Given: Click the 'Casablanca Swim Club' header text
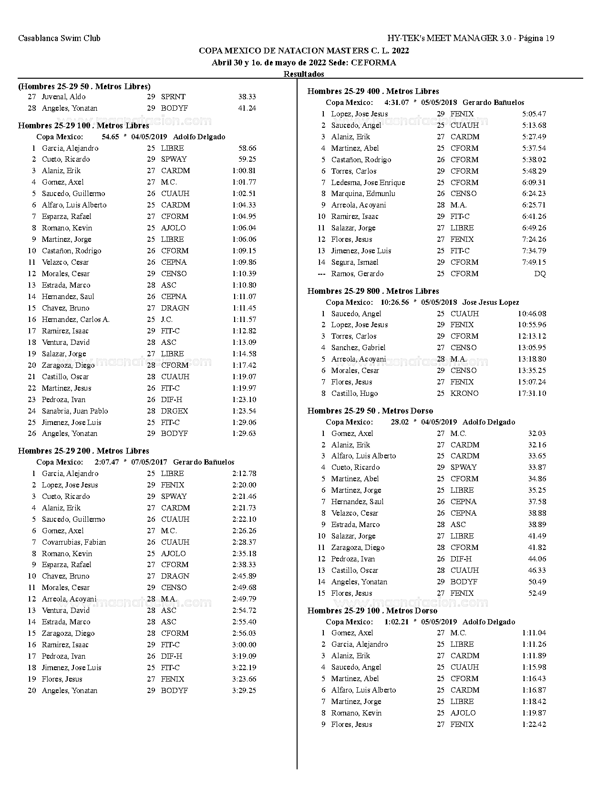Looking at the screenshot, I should point(59,38).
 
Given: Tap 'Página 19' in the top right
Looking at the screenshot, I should point(536,38).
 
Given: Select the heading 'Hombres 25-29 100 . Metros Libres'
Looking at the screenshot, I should point(83,125).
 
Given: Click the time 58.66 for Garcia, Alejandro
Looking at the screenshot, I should point(247,148).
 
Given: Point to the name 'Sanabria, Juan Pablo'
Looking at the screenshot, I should point(75,411).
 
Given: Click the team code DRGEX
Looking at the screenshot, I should point(175,411).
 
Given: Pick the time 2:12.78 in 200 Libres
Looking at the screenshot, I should point(244,473).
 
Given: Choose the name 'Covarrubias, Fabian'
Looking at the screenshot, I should point(74,542).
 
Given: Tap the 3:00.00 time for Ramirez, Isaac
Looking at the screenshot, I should point(244,644).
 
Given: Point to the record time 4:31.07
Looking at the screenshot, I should point(396,103).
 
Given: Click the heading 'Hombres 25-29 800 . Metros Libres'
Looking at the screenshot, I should point(373,291).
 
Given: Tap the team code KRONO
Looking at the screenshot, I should point(464,393).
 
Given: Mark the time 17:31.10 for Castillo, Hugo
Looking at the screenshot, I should point(532,393).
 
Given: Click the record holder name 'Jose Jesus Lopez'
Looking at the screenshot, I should point(491,302).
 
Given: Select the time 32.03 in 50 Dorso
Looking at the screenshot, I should point(537,434).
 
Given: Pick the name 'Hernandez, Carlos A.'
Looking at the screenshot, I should point(75,320).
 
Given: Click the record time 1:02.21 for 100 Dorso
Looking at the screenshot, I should point(396,622).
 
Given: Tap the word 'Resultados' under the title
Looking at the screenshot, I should point(304,74).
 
